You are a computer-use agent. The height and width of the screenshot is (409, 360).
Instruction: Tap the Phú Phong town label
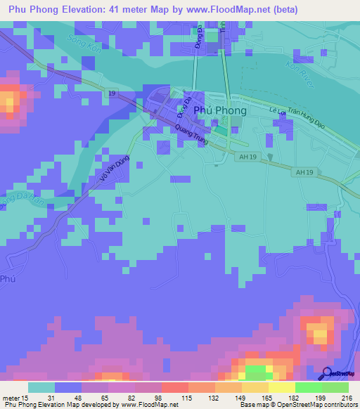pyautogui.click(x=219, y=111)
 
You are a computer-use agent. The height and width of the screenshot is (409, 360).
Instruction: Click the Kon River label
pyautogui.click(x=297, y=69)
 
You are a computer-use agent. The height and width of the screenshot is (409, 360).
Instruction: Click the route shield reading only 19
pyautogui.click(x=111, y=93)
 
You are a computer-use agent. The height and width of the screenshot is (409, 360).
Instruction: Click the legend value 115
pyautogui.click(x=188, y=398)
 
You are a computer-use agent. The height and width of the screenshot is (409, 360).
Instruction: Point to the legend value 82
pyautogui.click(x=134, y=398)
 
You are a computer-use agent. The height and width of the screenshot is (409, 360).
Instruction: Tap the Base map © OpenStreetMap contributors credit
pyautogui.click(x=298, y=405)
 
